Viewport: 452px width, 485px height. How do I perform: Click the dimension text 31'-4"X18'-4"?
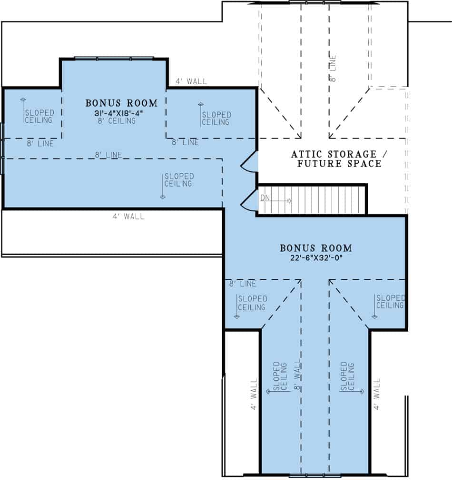pyautogui.click(x=121, y=113)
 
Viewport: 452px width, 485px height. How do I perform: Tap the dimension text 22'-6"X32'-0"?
pyautogui.click(x=316, y=258)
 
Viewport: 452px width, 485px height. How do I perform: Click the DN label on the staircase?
pyautogui.click(x=265, y=197)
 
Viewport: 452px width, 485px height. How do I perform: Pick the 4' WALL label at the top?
pyautogui.click(x=191, y=81)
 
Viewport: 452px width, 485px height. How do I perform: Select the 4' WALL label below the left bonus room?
pyautogui.click(x=128, y=217)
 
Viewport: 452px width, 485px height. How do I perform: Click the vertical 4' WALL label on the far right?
pyautogui.click(x=377, y=394)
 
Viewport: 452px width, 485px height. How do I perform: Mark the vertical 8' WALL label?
pyautogui.click(x=298, y=376)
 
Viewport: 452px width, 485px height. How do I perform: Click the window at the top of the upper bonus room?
pyautogui.click(x=114, y=59)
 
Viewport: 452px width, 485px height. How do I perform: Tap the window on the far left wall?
pyautogui.click(x=2, y=149)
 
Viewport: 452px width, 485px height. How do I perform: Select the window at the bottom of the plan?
pyautogui.click(x=314, y=475)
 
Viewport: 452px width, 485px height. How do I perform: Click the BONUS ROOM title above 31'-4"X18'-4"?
pyautogui.click(x=121, y=103)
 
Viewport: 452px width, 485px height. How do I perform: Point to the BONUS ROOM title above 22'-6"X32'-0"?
pyautogui.click(x=316, y=248)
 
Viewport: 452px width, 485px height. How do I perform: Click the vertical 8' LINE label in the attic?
pyautogui.click(x=333, y=68)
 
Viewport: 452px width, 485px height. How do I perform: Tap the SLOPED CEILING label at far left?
pyautogui.click(x=39, y=116)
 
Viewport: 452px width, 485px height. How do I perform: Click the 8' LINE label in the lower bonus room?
pyautogui.click(x=243, y=284)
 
